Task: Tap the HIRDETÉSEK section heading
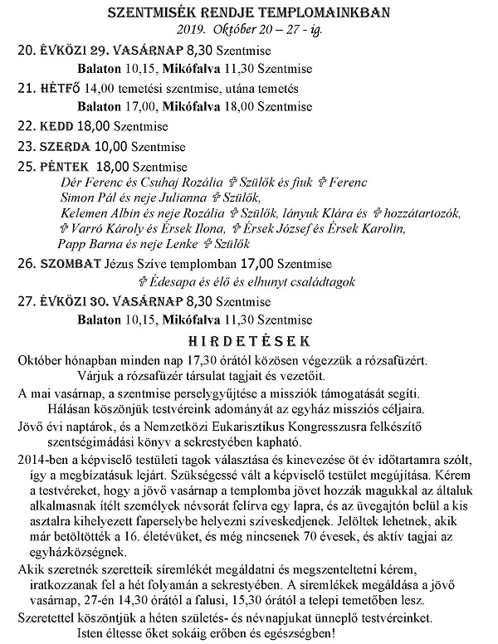(x=249, y=341)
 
